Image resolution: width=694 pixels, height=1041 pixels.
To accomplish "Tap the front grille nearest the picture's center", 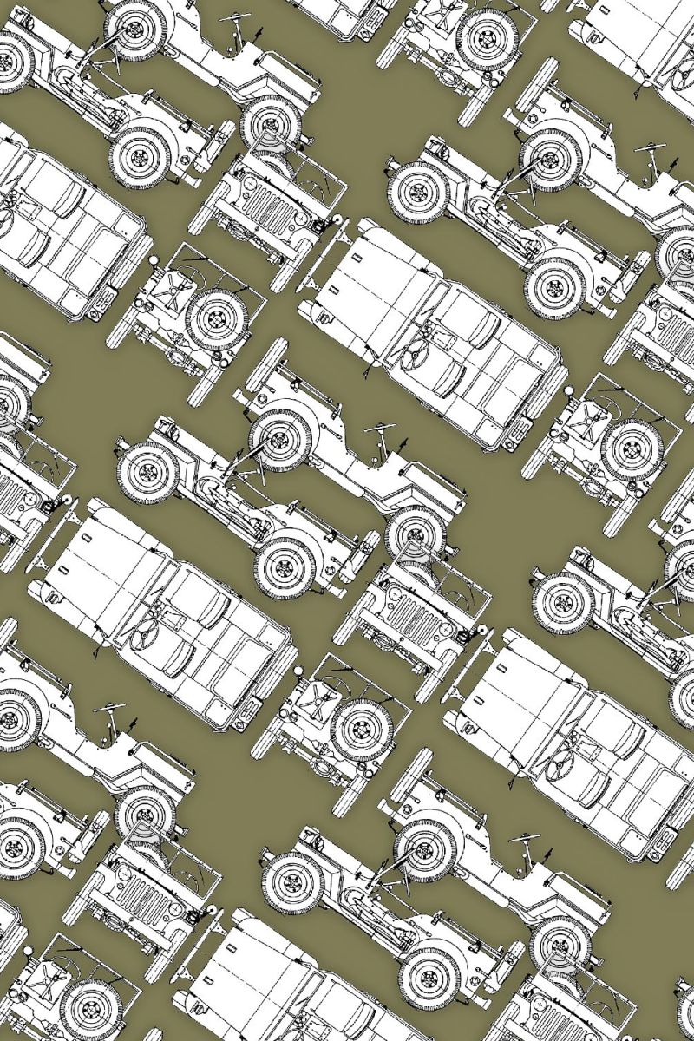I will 408,617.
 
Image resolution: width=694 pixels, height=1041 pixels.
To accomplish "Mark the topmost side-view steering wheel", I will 235,17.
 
